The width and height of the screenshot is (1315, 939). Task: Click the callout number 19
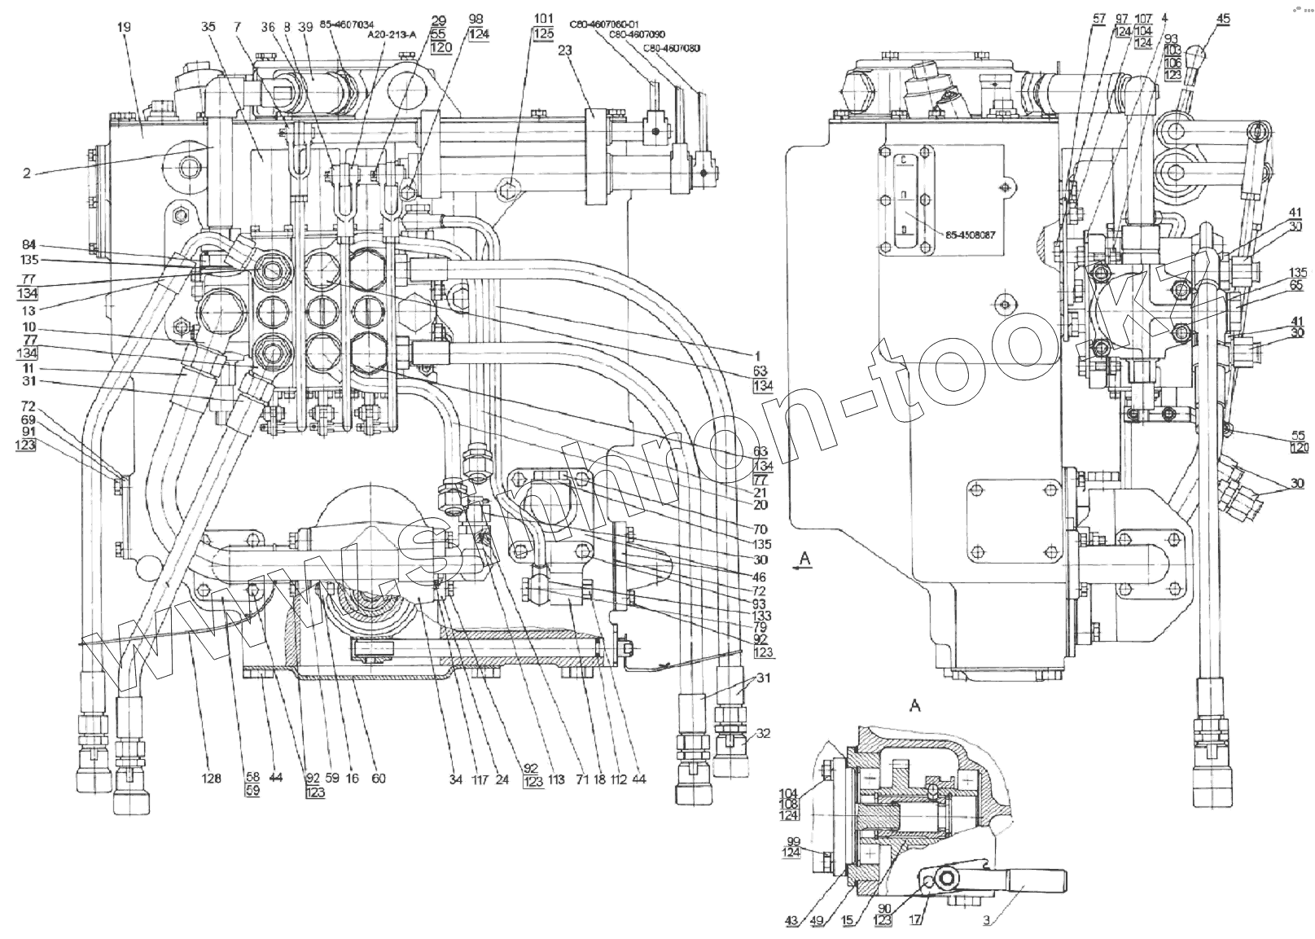point(124,27)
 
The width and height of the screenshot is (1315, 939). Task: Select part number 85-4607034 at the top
point(342,25)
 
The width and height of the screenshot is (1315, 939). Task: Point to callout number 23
point(565,50)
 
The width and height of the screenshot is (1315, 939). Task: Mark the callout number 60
point(378,779)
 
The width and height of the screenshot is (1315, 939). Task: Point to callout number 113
point(556,779)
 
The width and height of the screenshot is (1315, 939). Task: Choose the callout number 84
point(28,245)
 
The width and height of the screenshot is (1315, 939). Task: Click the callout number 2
point(27,173)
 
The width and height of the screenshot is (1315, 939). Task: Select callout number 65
point(1295,285)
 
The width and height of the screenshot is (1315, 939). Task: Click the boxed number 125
point(542,33)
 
